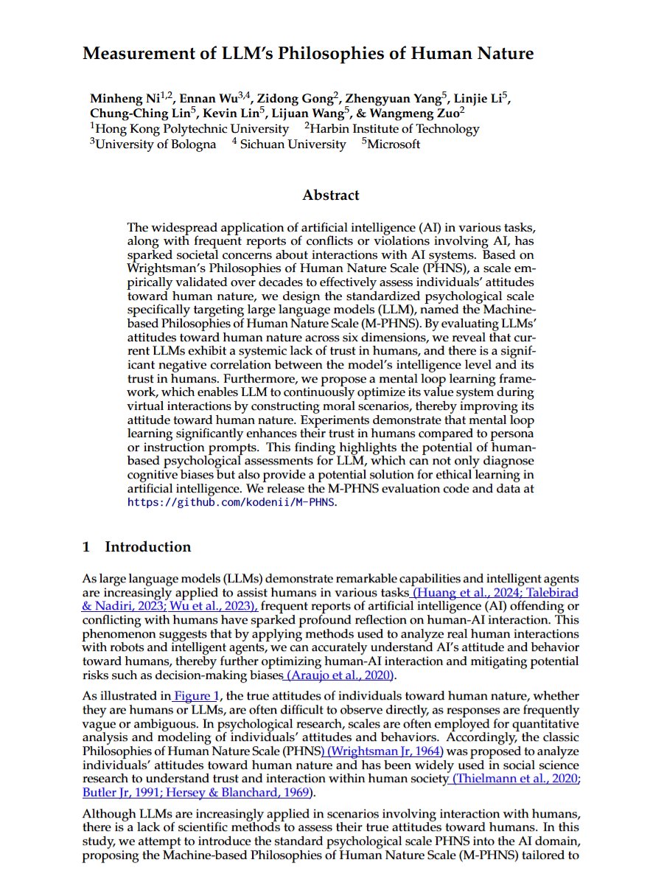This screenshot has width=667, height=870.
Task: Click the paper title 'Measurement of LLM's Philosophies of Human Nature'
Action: click(x=308, y=54)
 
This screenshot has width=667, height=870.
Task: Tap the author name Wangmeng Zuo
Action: click(x=419, y=114)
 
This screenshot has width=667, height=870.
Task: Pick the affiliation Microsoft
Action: click(x=394, y=145)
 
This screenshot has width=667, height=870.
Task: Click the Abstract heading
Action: click(x=331, y=195)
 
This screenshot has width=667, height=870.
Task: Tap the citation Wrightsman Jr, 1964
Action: click(x=385, y=751)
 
